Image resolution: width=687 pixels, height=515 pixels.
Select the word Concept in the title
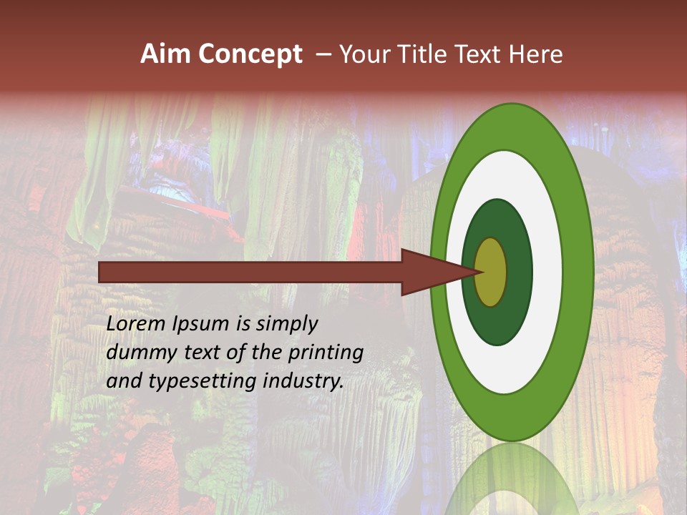250,54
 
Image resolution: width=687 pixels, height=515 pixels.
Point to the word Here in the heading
536,54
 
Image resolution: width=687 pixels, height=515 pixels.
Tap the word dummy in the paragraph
137,353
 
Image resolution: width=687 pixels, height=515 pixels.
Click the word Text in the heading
479,54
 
